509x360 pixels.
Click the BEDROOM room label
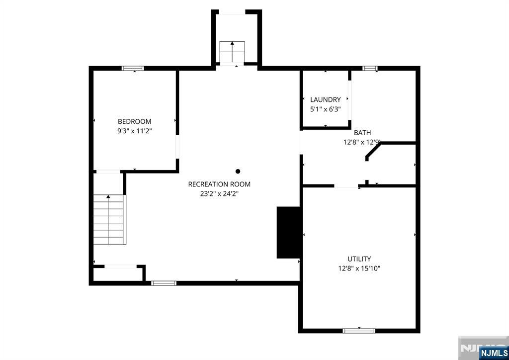(134, 121)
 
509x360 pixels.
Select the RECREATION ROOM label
(219, 184)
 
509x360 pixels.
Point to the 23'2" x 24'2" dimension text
(219, 194)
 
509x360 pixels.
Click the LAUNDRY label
(325, 99)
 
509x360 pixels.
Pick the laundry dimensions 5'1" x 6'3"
(325, 109)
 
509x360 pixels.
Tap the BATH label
(362, 133)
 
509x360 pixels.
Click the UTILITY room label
(359, 259)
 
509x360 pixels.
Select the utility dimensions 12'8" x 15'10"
(359, 269)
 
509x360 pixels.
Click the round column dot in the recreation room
(238, 172)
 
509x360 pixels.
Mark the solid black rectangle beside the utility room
(288, 232)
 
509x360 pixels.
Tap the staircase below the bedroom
(109, 219)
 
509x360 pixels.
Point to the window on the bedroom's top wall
(133, 68)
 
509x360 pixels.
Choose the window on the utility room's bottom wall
(359, 330)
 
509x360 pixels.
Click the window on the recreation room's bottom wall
(164, 283)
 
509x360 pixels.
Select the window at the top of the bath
(369, 68)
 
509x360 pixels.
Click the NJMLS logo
(494, 354)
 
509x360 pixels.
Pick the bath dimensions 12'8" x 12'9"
(362, 142)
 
